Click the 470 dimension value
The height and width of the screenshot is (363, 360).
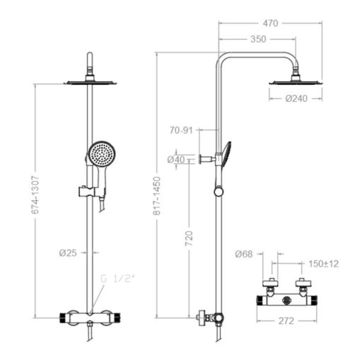tap(270, 23)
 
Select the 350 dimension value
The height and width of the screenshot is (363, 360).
tap(258, 39)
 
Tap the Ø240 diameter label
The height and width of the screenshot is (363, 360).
tap(297, 98)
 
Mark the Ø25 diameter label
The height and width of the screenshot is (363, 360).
tap(68, 253)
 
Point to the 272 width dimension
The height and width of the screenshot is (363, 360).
tap(287, 321)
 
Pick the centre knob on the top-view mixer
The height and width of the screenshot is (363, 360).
tap(287, 299)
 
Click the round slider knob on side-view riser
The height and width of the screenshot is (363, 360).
tap(218, 191)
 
